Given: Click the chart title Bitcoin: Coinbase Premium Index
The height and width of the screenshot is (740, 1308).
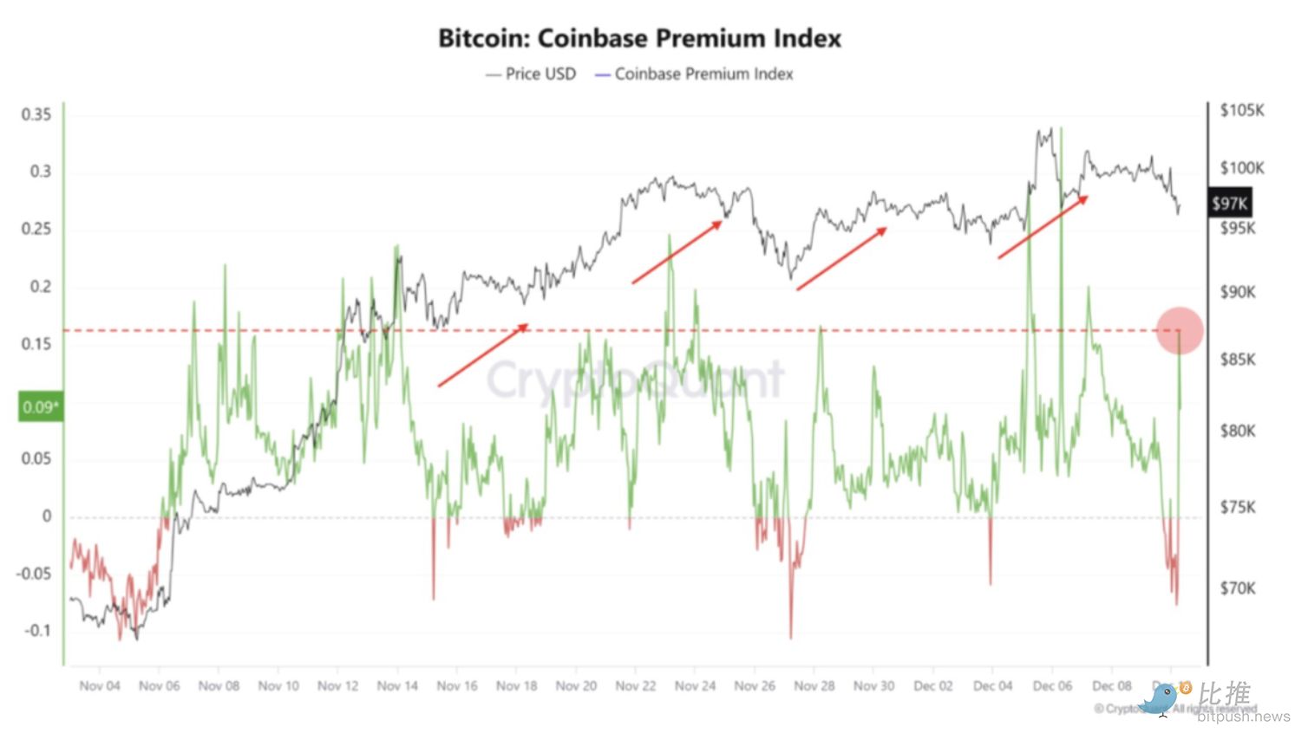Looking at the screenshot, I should [639, 38].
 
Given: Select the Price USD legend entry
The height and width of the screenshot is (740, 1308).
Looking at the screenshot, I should [531, 75].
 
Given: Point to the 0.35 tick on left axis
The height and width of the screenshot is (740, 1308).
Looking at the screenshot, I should [36, 114].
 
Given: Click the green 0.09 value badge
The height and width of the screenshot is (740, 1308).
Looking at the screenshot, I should [40, 406].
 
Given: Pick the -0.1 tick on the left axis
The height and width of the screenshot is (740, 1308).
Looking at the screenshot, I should [37, 631].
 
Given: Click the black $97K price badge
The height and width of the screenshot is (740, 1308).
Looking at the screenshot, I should [1229, 204].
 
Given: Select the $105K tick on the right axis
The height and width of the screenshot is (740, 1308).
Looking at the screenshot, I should [1241, 111].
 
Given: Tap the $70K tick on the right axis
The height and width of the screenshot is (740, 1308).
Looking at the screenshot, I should [1237, 588].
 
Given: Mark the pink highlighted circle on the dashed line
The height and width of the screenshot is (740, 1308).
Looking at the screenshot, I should [1179, 330].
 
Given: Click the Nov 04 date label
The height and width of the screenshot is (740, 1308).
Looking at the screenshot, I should [100, 686].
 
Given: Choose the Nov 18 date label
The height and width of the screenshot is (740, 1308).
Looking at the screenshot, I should [516, 686].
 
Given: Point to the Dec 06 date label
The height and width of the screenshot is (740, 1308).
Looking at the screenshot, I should [1052, 686].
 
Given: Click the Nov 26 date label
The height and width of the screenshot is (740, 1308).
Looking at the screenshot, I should [755, 686].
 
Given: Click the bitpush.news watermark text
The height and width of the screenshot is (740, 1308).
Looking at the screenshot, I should [1243, 717].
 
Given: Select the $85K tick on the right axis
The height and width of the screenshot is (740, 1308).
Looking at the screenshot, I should [1237, 359].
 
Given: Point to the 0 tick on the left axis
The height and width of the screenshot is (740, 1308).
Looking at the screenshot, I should [47, 516].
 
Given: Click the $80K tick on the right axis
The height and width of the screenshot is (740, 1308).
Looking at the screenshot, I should [1237, 431].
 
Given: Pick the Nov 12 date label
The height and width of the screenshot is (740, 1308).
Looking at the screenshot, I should [337, 686].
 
